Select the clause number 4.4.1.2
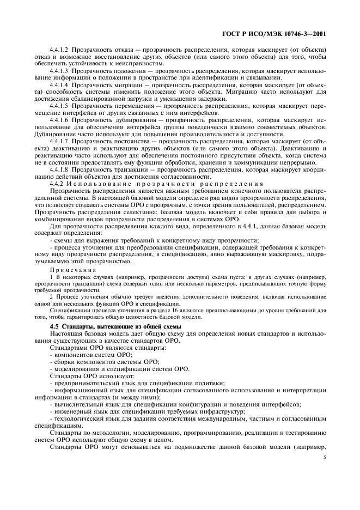(60, 50)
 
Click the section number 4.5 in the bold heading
(54, 325)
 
